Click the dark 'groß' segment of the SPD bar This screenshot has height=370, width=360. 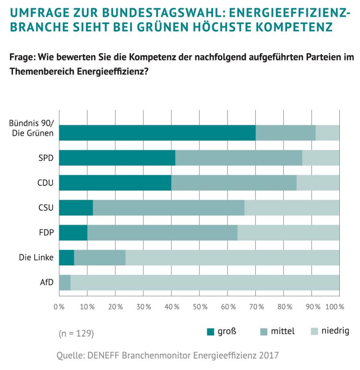(117, 158)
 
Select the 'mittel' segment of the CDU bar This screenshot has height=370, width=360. (234, 183)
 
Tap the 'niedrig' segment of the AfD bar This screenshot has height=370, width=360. (205, 283)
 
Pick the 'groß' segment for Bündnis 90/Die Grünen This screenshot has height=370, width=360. (157, 132)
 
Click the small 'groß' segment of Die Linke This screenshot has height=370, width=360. (66, 258)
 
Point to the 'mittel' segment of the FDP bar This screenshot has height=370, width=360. (162, 233)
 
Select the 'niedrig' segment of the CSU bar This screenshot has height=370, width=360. (292, 208)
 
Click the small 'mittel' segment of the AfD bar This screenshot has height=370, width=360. (65, 283)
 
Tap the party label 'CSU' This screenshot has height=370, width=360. (46, 208)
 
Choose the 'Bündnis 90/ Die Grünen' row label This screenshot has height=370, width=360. (32, 128)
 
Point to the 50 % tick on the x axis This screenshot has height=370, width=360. (199, 307)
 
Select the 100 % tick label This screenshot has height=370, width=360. (335, 307)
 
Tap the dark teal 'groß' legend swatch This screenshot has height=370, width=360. (210, 331)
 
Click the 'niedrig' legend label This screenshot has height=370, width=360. (335, 331)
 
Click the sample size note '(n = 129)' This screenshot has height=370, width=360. (76, 333)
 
